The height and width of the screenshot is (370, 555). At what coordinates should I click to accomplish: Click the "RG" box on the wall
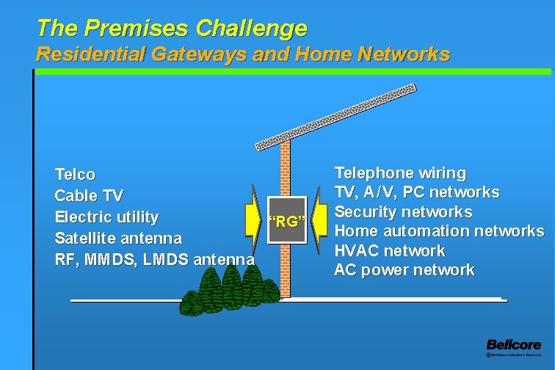click(286, 220)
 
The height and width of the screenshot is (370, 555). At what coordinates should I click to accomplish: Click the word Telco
click(75, 175)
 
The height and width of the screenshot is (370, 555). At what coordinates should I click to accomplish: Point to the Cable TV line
click(89, 196)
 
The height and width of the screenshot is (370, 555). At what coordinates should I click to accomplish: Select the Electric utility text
click(106, 217)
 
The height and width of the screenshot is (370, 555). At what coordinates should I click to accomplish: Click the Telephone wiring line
click(400, 173)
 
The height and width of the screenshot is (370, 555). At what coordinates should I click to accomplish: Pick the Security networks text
click(403, 212)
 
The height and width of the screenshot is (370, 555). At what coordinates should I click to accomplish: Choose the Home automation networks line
click(439, 231)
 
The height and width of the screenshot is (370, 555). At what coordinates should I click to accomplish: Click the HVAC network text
click(389, 250)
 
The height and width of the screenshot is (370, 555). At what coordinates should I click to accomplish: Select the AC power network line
click(404, 270)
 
